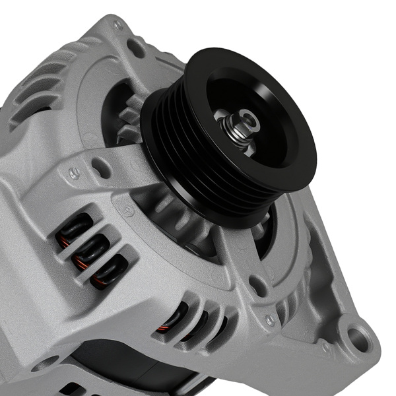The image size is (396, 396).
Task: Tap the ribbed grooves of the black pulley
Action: [x=173, y=165]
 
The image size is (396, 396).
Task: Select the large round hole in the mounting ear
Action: [x=357, y=339]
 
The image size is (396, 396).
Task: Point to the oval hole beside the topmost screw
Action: [x=137, y=48]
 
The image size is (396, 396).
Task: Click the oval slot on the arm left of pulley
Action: [x=101, y=166]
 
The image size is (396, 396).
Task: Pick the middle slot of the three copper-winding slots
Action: [x=91, y=249]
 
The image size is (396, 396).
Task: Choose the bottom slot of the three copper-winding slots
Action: [x=107, y=270]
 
